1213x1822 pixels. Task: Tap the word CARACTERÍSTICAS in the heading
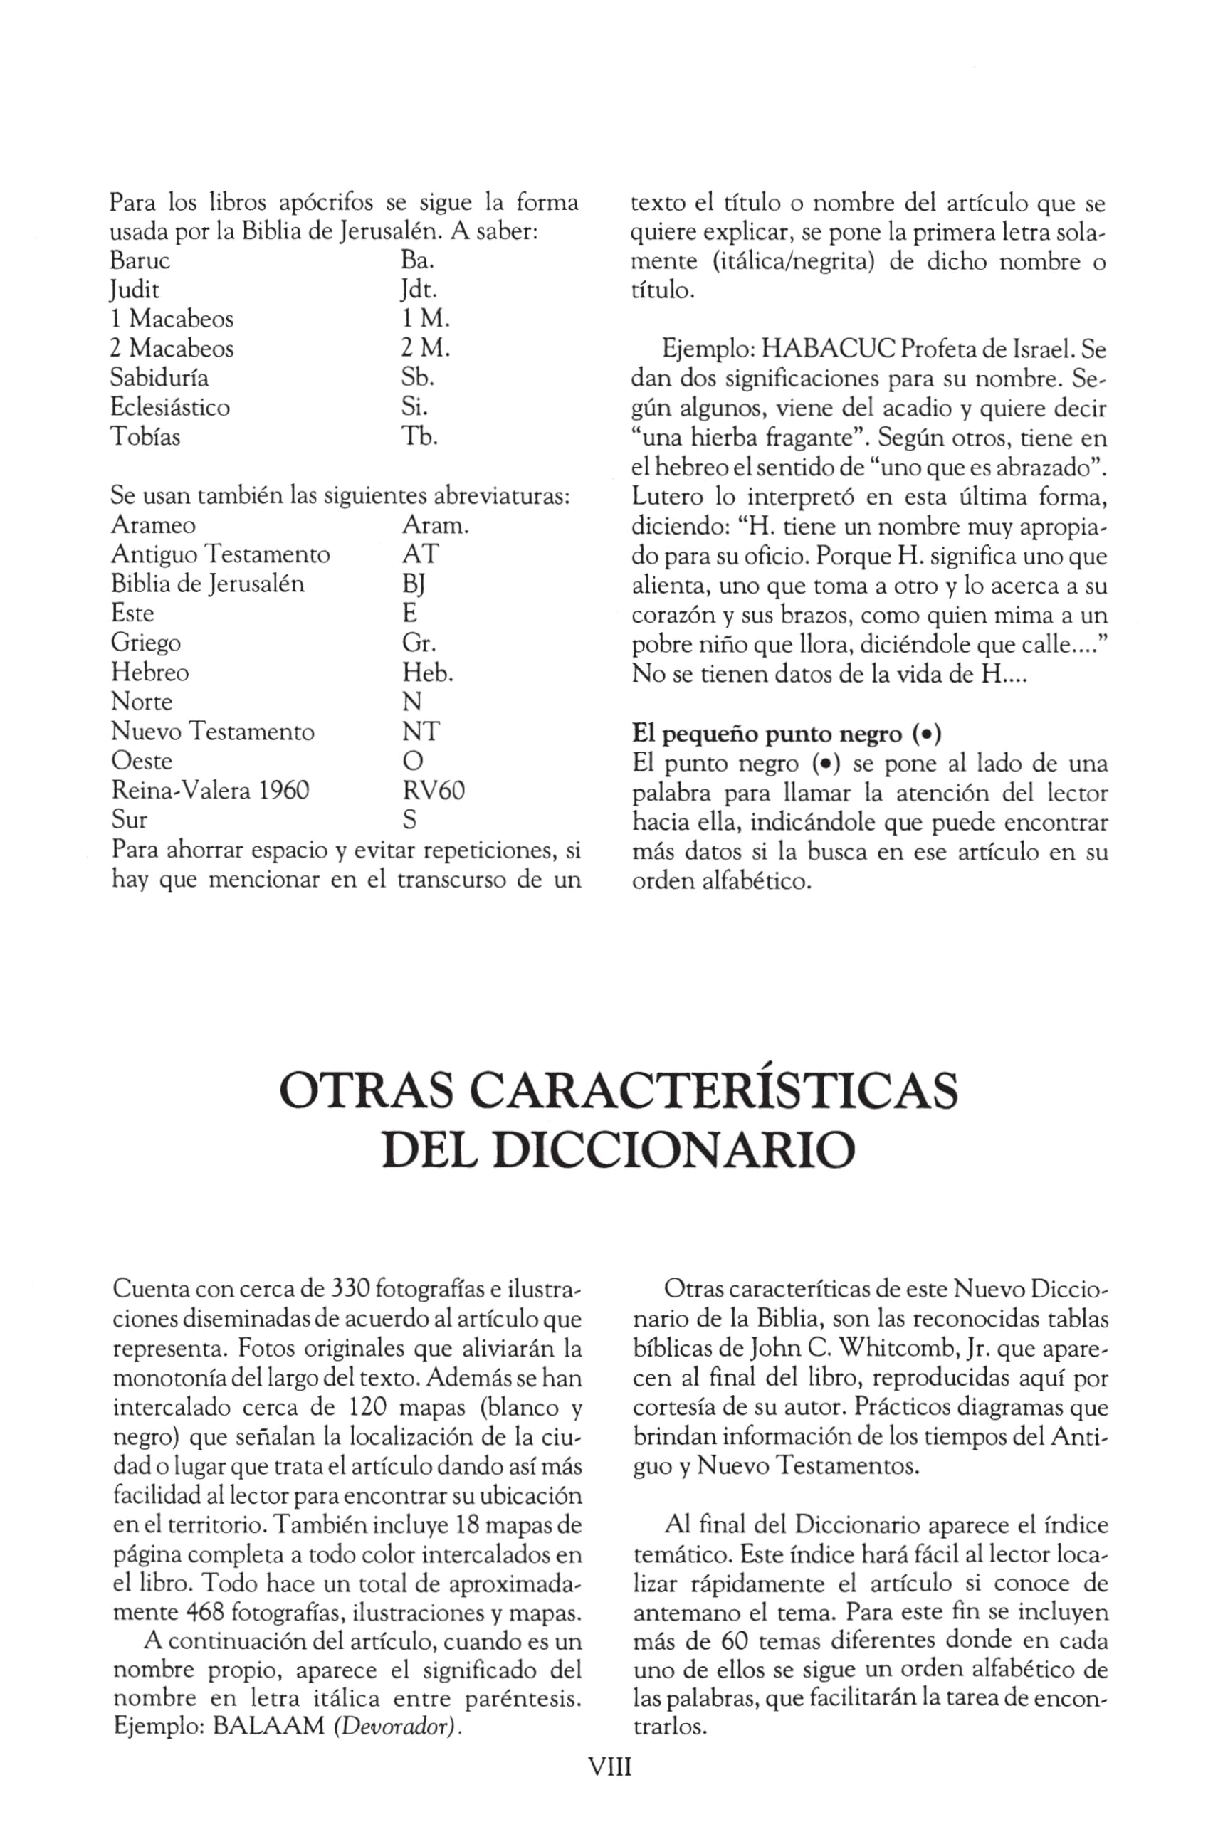click(713, 1090)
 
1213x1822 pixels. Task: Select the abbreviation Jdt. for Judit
click(419, 290)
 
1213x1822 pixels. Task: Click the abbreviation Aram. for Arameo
click(435, 525)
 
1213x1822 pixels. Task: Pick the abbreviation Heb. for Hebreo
click(427, 673)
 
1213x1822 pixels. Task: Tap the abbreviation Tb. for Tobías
click(419, 437)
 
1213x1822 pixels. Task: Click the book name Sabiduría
click(159, 378)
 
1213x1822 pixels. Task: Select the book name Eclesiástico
click(170, 408)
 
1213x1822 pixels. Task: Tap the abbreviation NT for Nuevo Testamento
click(420, 732)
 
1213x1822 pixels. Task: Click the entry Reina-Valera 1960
click(211, 790)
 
